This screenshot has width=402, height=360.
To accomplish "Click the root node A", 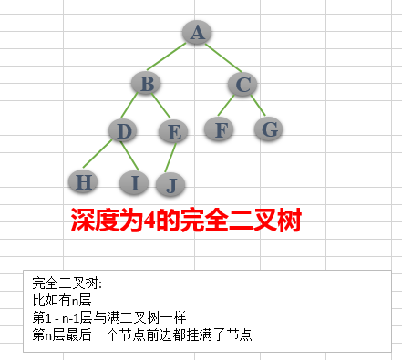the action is click(197, 34).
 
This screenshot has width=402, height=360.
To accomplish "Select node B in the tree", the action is click(146, 85).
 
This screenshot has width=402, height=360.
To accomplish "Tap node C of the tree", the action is click(242, 85).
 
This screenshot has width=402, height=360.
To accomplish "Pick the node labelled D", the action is click(126, 131).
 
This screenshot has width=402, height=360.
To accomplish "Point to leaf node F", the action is click(219, 129).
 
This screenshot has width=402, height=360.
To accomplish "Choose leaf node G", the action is click(269, 129).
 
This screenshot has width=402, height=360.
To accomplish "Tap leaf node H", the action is click(84, 181).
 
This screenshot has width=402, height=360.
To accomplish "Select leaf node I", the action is click(135, 182).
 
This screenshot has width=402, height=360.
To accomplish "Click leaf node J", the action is click(170, 184).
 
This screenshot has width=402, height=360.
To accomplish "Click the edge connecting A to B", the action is click(171, 59).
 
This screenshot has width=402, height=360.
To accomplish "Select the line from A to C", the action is click(220, 59).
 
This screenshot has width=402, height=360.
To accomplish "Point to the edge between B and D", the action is click(136, 108).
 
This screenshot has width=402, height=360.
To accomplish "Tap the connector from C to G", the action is click(256, 107).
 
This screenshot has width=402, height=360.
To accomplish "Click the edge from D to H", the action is click(105, 157).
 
